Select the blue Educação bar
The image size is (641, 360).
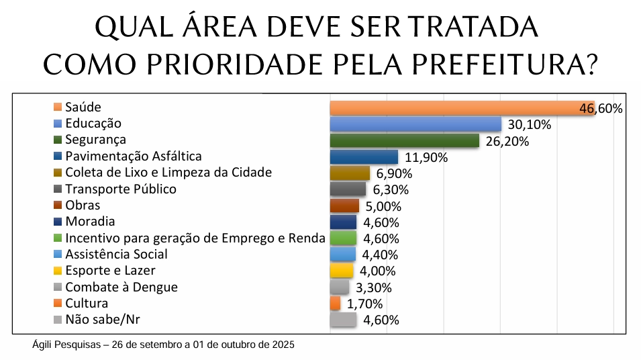tap(415, 124)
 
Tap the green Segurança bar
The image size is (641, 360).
tap(404, 140)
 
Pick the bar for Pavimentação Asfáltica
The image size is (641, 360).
tap(364, 157)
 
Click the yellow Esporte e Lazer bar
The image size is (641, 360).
tap(342, 271)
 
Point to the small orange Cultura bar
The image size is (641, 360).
tap(335, 304)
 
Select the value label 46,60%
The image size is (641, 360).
tap(601, 109)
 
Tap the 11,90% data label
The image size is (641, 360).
tap(425, 158)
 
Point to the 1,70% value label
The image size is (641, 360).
tap(364, 304)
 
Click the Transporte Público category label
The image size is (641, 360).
tap(121, 189)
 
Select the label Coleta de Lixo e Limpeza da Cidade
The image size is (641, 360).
tap(168, 173)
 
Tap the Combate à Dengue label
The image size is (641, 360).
tap(121, 287)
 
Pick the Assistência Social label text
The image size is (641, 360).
tap(116, 255)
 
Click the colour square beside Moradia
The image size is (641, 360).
tap(58, 222)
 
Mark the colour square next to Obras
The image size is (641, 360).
tap(58, 206)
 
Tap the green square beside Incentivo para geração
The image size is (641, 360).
tap(58, 238)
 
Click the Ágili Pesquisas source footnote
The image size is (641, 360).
tap(163, 345)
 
